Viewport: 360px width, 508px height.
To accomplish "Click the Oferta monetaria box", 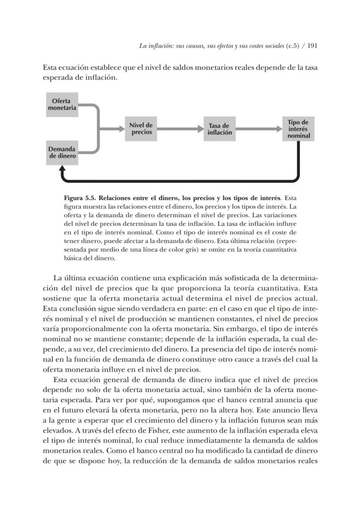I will [62, 104].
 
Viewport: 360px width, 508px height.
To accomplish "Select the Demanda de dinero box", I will [62, 153].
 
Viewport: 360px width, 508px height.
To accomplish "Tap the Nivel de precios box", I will [141, 129].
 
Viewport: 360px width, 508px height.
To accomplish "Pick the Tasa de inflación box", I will [220, 129].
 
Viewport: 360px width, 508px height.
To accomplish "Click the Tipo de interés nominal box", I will [298, 129].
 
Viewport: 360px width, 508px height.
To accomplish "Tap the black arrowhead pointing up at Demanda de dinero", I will [62, 169].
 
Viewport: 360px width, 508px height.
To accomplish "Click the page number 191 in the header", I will [311, 45].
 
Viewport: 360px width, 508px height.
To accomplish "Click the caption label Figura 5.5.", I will [80, 197].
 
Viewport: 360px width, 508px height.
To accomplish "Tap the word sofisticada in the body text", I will [239, 277].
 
